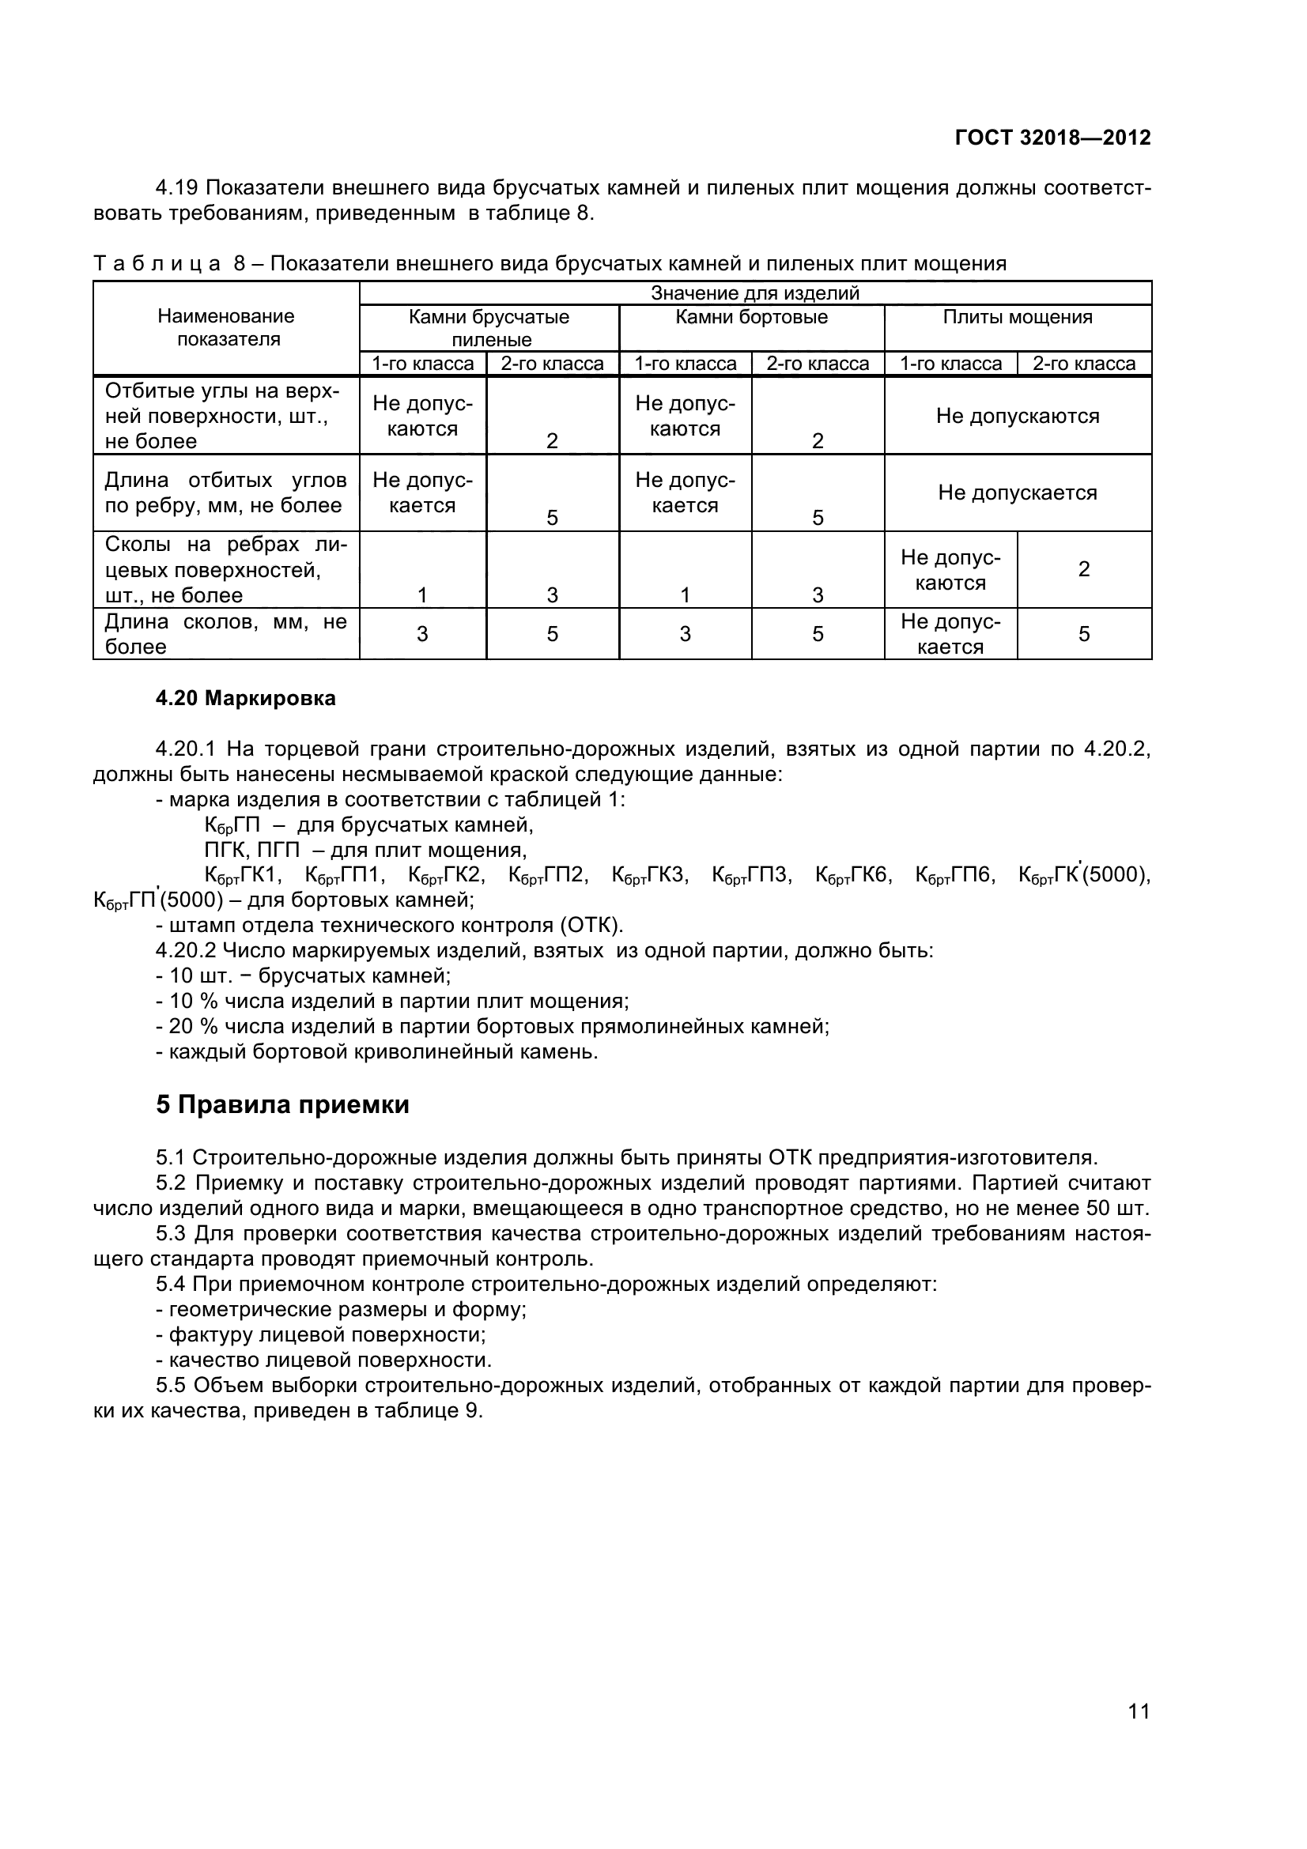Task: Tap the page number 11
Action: click(x=1139, y=1733)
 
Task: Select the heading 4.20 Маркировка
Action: click(x=246, y=698)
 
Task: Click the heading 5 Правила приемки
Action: click(x=282, y=1104)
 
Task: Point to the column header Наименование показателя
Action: click(x=226, y=327)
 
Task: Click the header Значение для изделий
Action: click(x=754, y=293)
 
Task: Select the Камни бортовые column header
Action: click(x=751, y=317)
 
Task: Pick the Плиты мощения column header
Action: click(x=1017, y=317)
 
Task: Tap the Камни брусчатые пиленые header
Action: click(x=489, y=328)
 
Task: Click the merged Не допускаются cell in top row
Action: click(x=1017, y=417)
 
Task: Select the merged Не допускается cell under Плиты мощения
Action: click(x=1017, y=492)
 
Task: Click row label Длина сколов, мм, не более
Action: click(x=226, y=634)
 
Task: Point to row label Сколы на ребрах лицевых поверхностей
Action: click(x=226, y=570)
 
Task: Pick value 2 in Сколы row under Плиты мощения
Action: click(x=1083, y=569)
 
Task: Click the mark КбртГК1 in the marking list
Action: click(x=243, y=875)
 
